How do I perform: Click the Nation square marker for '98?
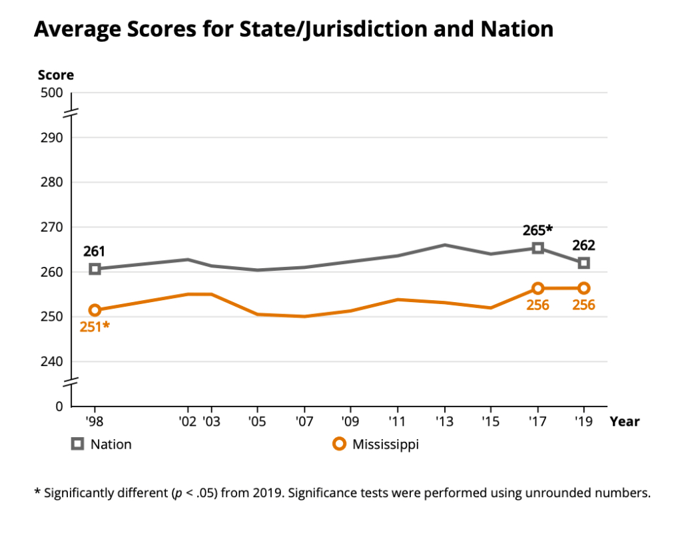95,269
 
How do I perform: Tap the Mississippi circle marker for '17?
537,288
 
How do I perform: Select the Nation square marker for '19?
584,263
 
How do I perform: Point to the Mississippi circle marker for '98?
95,310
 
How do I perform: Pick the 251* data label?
94,327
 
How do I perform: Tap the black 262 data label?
583,245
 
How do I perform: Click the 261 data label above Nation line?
94,252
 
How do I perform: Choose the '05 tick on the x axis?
257,422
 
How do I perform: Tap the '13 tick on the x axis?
444,422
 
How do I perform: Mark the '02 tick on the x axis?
187,422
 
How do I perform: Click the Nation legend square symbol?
78,444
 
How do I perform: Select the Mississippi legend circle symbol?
340,444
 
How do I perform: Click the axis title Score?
55,75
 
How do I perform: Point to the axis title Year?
624,422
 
